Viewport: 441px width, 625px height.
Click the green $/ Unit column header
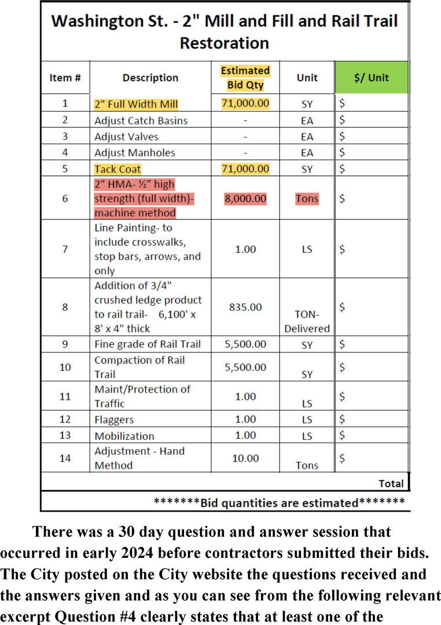click(x=371, y=78)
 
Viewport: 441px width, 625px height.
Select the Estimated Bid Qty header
click(x=245, y=78)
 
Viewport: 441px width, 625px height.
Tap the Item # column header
click(x=65, y=78)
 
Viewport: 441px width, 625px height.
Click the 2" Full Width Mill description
click(x=136, y=104)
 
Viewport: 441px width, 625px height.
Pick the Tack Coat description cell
click(x=117, y=169)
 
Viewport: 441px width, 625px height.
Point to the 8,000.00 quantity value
click(x=245, y=198)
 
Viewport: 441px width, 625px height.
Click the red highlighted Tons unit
click(x=307, y=198)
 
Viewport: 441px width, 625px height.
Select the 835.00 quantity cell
click(x=245, y=307)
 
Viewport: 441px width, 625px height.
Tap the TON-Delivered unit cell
click(x=307, y=322)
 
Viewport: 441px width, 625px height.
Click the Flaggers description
click(x=114, y=420)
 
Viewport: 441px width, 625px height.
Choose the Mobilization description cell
click(x=124, y=436)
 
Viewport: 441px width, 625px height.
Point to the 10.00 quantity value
click(x=245, y=458)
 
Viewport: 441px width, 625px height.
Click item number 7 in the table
click(x=65, y=249)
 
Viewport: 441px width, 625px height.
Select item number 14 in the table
click(x=65, y=458)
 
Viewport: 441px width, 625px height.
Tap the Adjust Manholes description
click(x=134, y=153)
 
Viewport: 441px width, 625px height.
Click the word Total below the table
click(x=391, y=483)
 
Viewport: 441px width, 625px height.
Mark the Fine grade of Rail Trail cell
click(x=148, y=344)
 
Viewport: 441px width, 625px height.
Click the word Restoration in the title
click(x=225, y=43)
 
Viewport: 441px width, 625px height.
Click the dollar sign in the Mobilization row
click(x=343, y=435)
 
